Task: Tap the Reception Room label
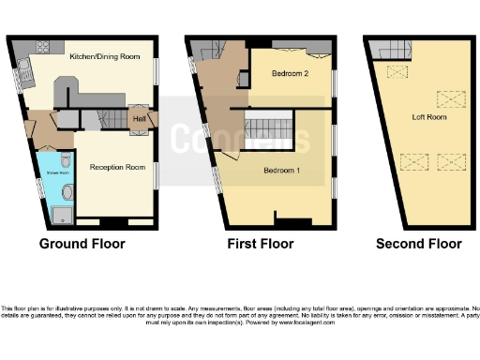coord(117,167)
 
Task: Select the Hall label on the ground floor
coord(138,119)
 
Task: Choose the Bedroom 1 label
coord(281,171)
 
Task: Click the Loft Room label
coord(429,118)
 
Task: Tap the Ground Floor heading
coord(82,244)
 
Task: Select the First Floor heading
coord(260,244)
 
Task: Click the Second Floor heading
coord(418,244)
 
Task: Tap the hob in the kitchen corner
coord(42,47)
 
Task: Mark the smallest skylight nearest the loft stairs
coord(399,72)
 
